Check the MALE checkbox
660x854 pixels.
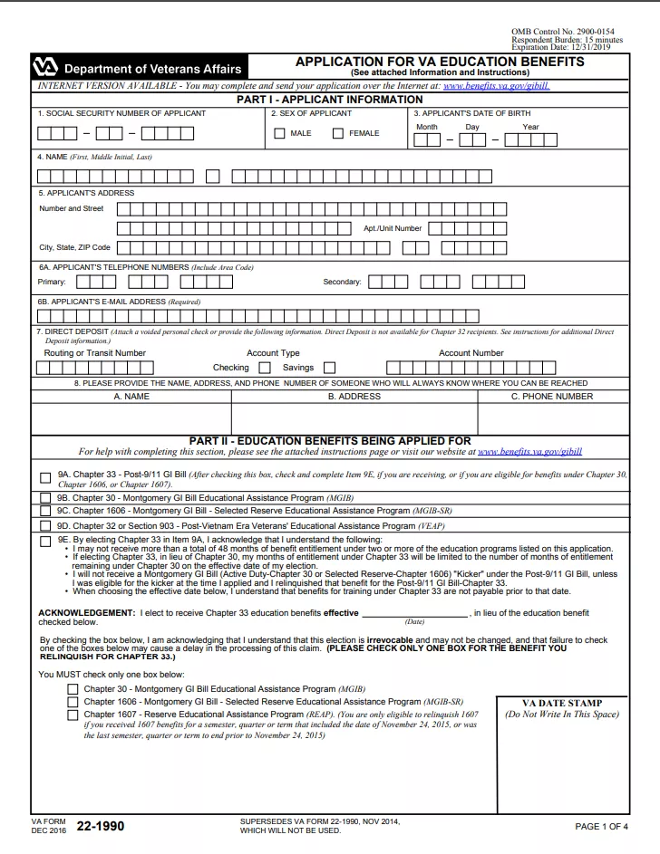click(x=279, y=134)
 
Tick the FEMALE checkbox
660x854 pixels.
click(x=338, y=134)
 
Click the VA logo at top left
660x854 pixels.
click(x=44, y=69)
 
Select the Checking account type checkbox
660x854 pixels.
click(x=265, y=368)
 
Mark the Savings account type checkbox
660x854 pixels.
click(x=329, y=368)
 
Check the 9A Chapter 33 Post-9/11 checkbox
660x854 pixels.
click(x=45, y=477)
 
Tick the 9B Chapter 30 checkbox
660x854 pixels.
click(x=45, y=498)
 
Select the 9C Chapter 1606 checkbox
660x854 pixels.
click(x=45, y=511)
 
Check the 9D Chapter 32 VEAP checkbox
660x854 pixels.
click(x=45, y=525)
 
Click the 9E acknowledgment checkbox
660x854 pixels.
click(x=45, y=540)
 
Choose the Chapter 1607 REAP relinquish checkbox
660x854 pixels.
click(x=73, y=715)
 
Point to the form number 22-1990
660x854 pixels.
click(x=100, y=826)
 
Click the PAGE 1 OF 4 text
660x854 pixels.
click(x=601, y=826)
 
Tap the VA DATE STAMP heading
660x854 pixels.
click(x=562, y=703)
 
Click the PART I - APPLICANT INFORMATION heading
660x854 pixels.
click(x=330, y=99)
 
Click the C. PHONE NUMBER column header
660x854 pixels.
click(x=552, y=396)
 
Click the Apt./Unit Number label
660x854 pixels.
click(x=393, y=228)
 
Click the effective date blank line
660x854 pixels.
click(x=414, y=613)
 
